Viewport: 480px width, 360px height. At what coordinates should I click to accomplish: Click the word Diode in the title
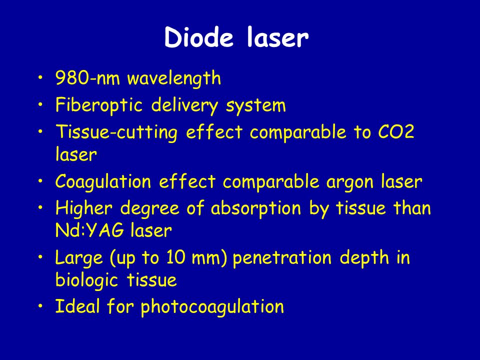198,37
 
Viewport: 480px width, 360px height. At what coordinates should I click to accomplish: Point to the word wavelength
174,78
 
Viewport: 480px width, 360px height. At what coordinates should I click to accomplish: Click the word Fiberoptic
99,105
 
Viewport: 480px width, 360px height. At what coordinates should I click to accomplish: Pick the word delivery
185,105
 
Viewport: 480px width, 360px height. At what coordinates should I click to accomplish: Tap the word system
256,106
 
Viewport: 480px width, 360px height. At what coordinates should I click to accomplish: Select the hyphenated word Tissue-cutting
116,132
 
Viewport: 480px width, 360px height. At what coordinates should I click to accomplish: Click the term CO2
396,132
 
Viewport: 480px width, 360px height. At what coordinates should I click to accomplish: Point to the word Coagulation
103,182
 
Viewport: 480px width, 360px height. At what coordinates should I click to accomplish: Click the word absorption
256,209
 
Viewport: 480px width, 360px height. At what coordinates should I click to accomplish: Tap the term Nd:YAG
89,230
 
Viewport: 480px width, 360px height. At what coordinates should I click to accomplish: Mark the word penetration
282,258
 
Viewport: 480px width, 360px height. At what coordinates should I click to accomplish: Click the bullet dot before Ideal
40,306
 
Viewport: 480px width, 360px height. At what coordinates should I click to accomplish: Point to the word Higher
84,209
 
